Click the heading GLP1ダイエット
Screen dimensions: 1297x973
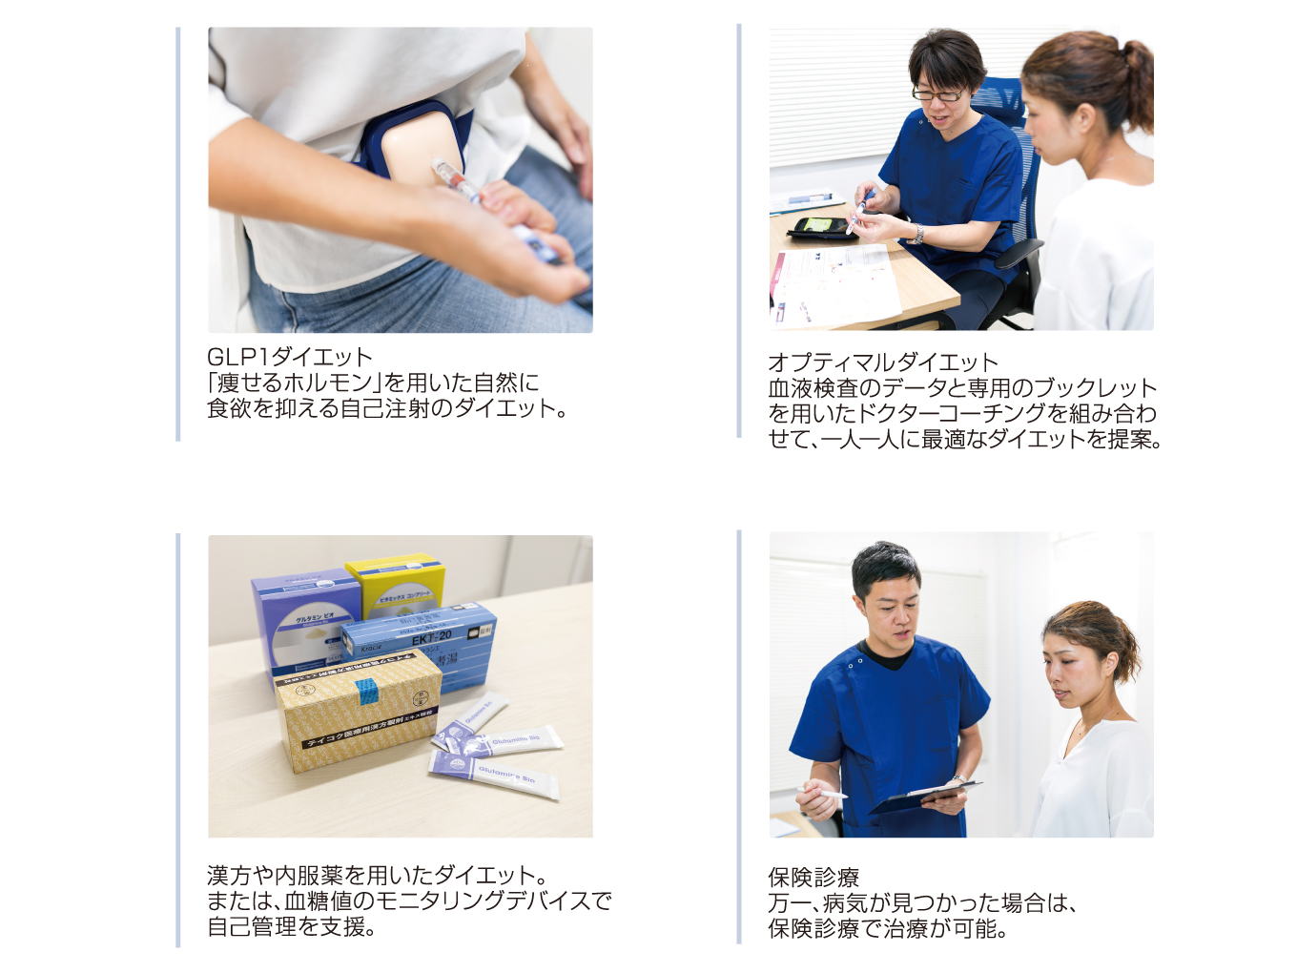coord(290,357)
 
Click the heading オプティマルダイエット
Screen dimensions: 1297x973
coord(883,362)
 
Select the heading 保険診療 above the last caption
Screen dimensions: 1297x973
coord(813,878)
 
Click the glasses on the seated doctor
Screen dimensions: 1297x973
coord(940,93)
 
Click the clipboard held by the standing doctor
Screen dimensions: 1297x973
coord(925,797)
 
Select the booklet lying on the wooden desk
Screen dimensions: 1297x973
coord(834,286)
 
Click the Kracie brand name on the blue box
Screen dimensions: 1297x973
coord(371,649)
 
